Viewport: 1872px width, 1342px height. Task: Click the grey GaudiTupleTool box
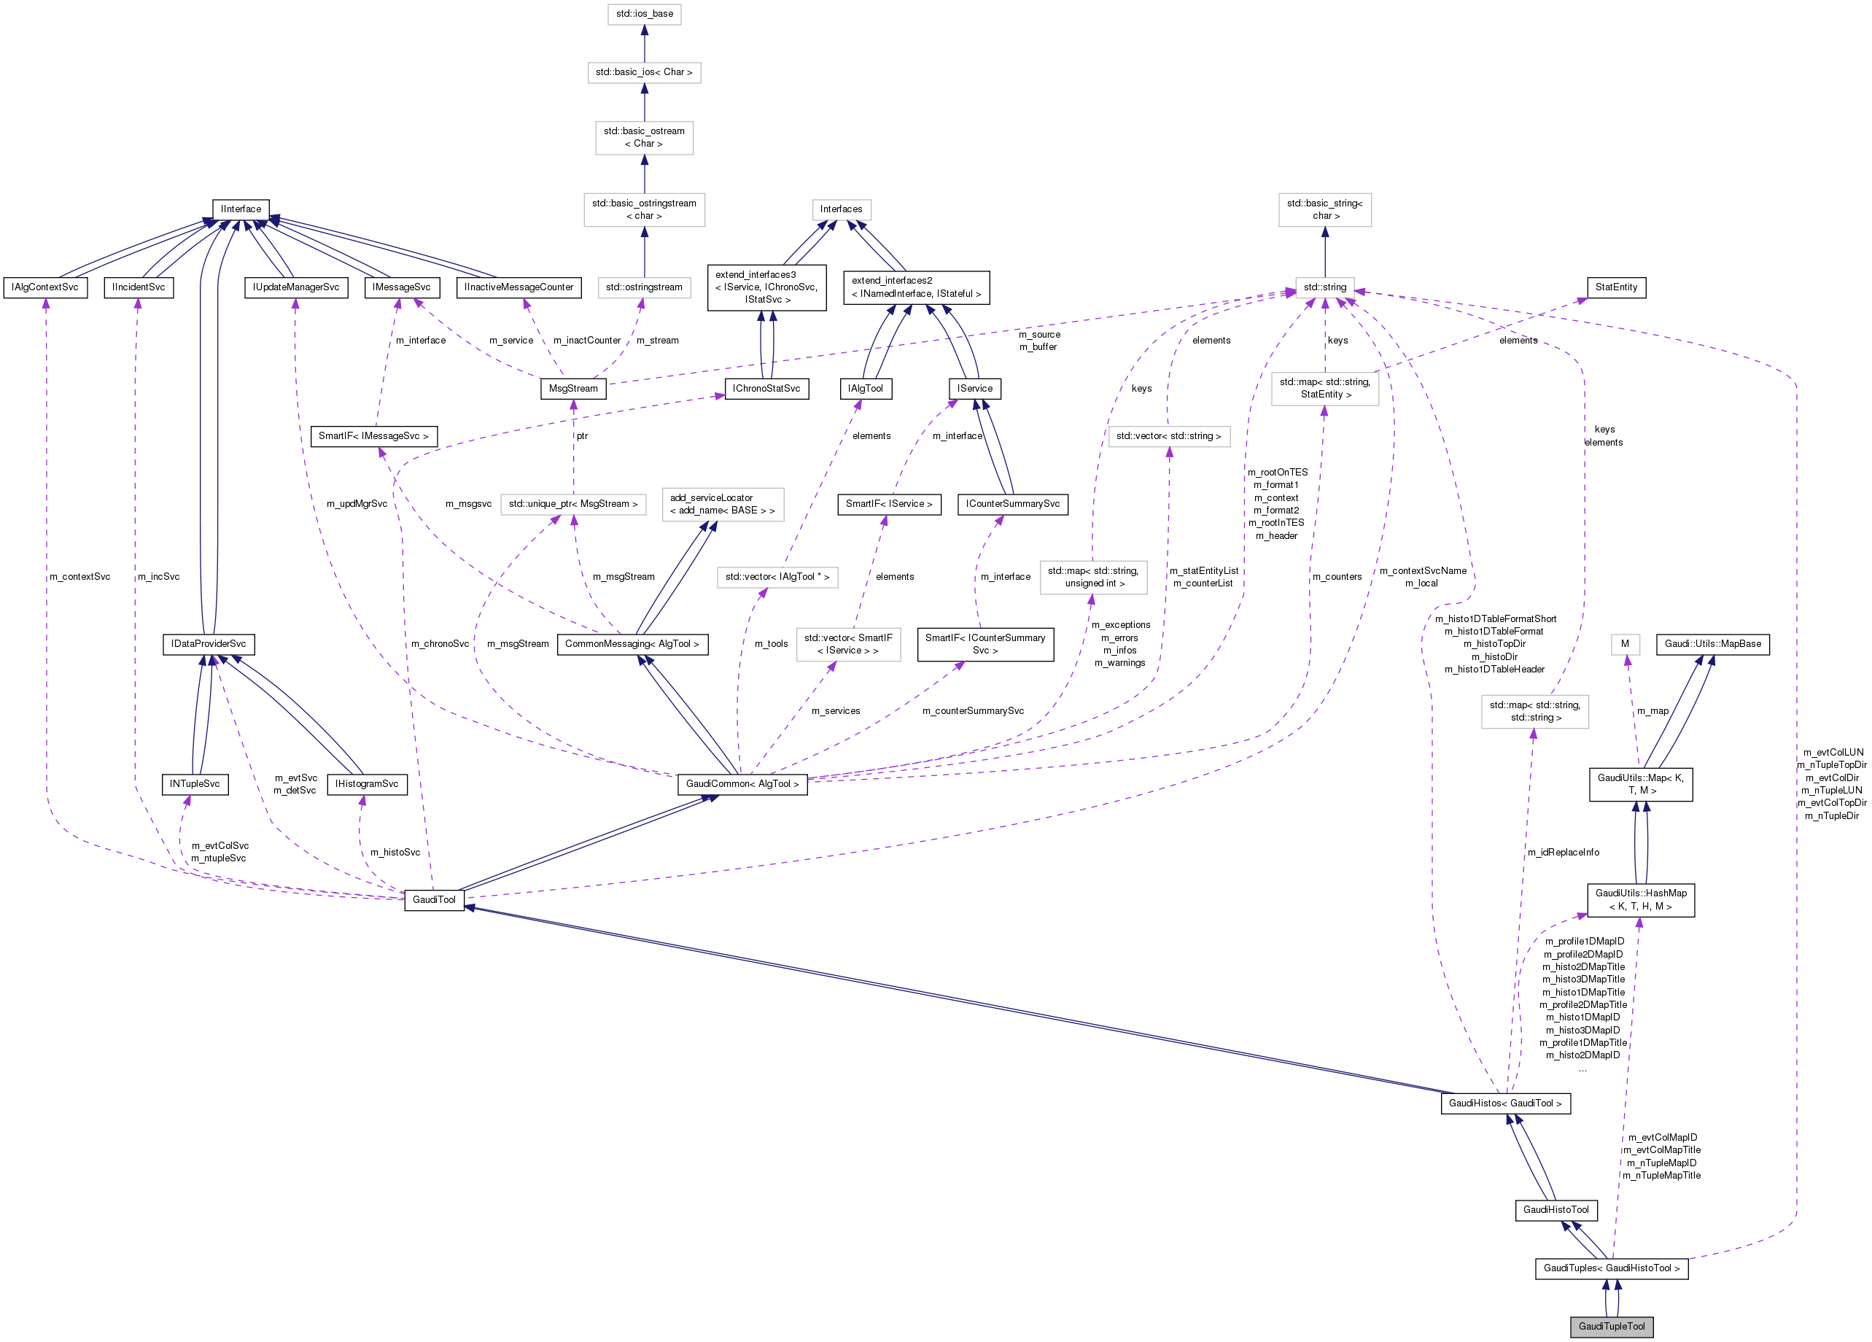pyautogui.click(x=1610, y=1325)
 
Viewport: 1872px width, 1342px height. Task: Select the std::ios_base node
pyautogui.click(x=644, y=14)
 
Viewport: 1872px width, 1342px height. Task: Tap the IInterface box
pyautogui.click(x=240, y=209)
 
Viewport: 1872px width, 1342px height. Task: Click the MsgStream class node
pyautogui.click(x=572, y=388)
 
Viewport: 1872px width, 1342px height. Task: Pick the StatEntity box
pyautogui.click(x=1615, y=287)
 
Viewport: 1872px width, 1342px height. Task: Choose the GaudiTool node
pyautogui.click(x=433, y=899)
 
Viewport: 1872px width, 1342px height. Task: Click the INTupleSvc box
pyautogui.click(x=194, y=783)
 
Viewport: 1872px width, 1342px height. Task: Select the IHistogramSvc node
pyautogui.click(x=367, y=783)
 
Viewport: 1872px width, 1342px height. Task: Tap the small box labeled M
pyautogui.click(x=1624, y=644)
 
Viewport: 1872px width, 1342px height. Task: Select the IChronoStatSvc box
pyautogui.click(x=766, y=388)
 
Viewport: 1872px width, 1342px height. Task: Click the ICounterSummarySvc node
pyautogui.click(x=1012, y=503)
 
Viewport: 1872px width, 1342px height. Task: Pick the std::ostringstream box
pyautogui.click(x=644, y=287)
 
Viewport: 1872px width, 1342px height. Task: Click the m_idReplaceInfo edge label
pyautogui.click(x=1563, y=852)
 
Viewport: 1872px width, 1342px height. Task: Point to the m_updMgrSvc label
pyautogui.click(x=357, y=503)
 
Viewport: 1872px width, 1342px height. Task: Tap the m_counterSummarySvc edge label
pyautogui.click(x=972, y=710)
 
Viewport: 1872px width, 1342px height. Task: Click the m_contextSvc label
pyautogui.click(x=79, y=576)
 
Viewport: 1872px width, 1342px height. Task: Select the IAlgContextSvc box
pyautogui.click(x=45, y=287)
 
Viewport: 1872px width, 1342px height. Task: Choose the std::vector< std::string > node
pyautogui.click(x=1168, y=435)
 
